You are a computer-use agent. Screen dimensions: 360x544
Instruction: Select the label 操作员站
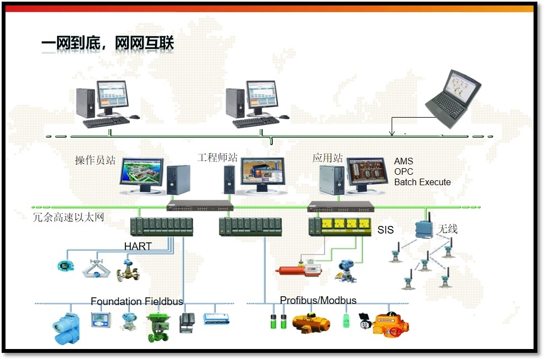(x=95, y=160)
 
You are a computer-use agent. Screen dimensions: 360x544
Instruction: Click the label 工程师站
(x=217, y=157)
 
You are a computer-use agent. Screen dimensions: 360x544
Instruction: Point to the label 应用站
(x=328, y=158)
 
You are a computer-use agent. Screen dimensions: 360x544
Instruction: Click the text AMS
(x=403, y=162)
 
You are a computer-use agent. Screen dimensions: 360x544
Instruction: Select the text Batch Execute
(x=422, y=182)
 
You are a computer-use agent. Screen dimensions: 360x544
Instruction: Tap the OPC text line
(x=404, y=171)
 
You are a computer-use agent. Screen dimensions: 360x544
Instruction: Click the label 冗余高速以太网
(x=69, y=218)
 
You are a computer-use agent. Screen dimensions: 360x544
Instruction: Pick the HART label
(x=138, y=246)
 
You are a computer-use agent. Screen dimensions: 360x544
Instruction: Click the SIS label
(x=386, y=230)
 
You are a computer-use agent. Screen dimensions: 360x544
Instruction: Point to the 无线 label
(x=447, y=228)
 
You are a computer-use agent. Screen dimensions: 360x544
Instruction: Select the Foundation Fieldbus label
(x=136, y=301)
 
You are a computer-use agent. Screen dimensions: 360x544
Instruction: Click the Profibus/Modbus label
(x=318, y=300)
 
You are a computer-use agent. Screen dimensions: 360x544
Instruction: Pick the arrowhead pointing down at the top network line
(x=392, y=132)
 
